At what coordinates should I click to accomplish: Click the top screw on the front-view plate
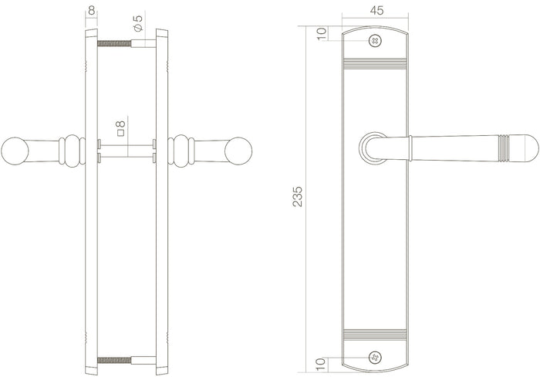point(375,40)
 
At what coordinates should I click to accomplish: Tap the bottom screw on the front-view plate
point(375,356)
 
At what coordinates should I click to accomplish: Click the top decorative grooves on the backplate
point(375,63)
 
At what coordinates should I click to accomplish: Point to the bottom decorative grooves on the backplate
point(375,334)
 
